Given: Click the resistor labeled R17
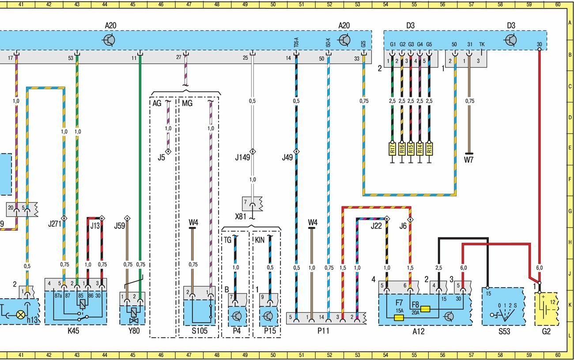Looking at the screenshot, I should [392, 149].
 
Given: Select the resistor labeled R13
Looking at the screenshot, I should [429, 149].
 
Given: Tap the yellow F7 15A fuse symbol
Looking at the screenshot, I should [400, 317].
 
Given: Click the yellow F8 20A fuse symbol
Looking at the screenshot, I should [425, 309].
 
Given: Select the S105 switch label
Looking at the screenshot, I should [198, 331].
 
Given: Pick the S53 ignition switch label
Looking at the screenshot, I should [504, 331].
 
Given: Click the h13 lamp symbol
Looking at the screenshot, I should [20, 315].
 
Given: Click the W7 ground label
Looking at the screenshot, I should [468, 160].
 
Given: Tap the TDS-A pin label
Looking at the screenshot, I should [296, 43].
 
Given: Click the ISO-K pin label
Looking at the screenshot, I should [328, 43].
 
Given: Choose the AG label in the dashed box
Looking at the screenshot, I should [157, 103].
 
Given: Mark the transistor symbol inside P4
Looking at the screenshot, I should [238, 316].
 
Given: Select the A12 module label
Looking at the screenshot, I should [418, 331].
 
